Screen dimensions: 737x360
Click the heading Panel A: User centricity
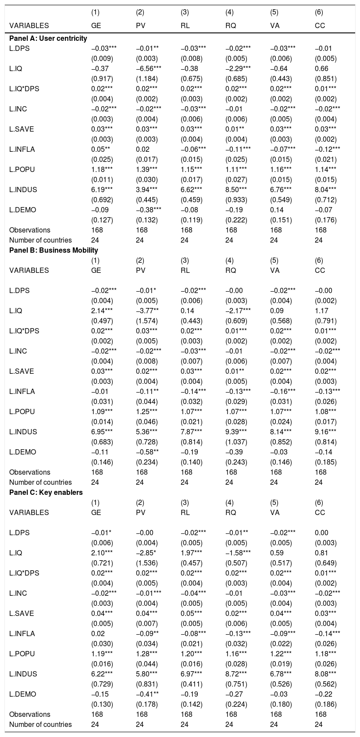(x=48, y=38)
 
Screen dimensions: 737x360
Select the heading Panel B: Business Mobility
(x=53, y=250)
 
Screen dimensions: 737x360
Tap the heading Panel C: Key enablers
(x=46, y=492)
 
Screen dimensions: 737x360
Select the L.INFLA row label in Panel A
(x=21, y=149)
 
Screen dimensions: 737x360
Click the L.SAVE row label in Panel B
(x=21, y=371)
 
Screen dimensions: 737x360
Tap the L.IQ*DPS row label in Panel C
(x=24, y=573)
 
